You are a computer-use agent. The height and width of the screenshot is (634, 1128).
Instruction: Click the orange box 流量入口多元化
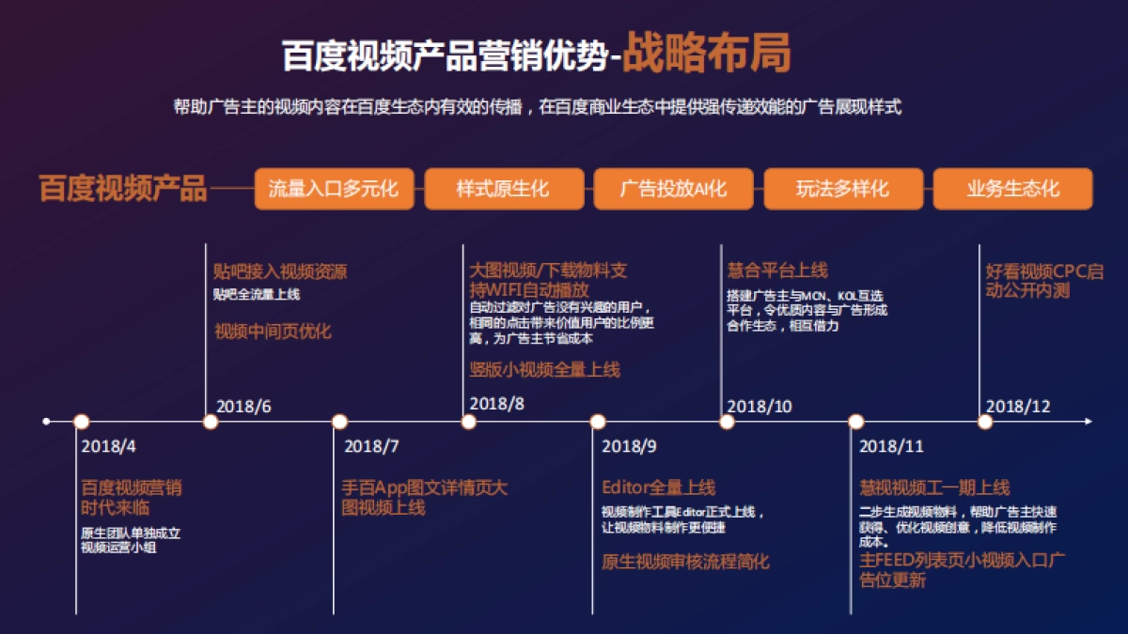pos(334,189)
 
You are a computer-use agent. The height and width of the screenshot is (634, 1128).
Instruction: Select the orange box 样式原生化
pos(503,189)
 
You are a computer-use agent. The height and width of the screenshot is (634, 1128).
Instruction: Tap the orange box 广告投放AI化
pos(673,189)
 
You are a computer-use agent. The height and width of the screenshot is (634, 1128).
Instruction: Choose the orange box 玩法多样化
pos(842,189)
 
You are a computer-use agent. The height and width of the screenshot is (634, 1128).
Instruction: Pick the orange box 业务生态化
pos(1012,189)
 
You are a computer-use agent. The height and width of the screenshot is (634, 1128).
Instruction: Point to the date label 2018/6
pos(243,407)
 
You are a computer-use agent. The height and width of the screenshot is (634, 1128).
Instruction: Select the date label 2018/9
pos(630,446)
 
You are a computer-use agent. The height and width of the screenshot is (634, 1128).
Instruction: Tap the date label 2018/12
pos(1018,407)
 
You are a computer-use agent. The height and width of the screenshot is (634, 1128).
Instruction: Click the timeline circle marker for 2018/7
pos(339,422)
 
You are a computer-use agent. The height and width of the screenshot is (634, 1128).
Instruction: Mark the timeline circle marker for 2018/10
pos(727,422)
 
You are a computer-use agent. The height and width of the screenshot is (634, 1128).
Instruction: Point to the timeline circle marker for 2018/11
pos(855,422)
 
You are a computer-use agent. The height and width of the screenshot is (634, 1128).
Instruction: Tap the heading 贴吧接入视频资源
pos(280,272)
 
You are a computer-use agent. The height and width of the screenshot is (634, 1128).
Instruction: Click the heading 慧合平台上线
pos(777,271)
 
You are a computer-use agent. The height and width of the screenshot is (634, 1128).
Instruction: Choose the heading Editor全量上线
pos(658,487)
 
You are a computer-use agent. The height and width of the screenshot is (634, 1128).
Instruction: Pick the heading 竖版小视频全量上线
pos(544,369)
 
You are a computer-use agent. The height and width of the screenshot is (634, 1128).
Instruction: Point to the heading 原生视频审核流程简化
pos(685,562)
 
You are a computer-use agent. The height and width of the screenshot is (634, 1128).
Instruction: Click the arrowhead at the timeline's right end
pos(1088,422)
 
